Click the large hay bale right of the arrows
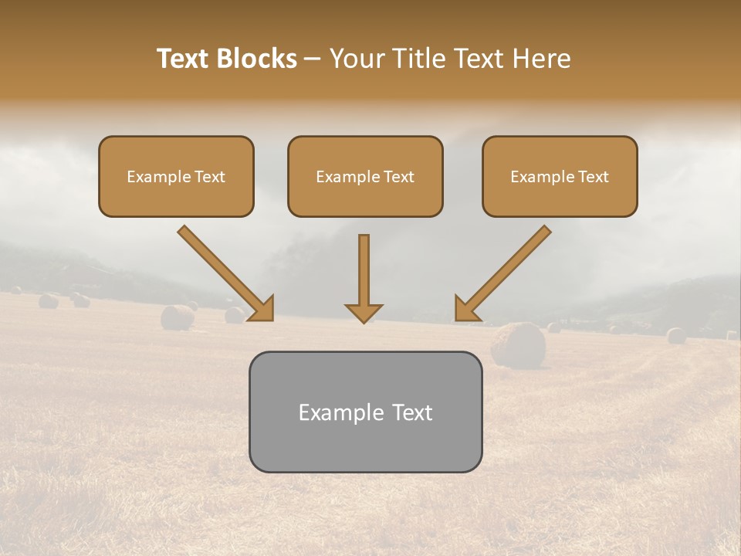[518, 344]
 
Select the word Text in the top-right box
[593, 177]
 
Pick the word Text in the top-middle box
[398, 177]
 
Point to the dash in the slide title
[313, 59]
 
